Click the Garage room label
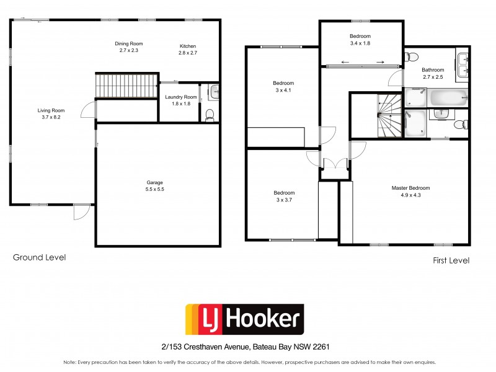(x=154, y=182)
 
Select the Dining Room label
(x=129, y=43)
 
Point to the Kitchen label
(x=188, y=46)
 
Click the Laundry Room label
(x=181, y=97)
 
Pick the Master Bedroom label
(x=410, y=188)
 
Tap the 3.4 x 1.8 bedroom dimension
(x=360, y=43)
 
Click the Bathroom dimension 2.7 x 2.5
(x=433, y=77)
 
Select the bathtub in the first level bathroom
(x=448, y=97)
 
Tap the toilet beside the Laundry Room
(x=210, y=113)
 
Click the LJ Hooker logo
(x=245, y=320)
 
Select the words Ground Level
(x=39, y=257)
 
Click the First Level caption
(x=451, y=260)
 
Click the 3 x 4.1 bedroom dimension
(x=283, y=91)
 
